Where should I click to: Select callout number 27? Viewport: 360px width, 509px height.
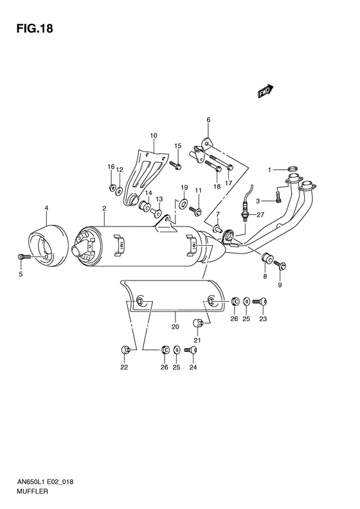click(260, 216)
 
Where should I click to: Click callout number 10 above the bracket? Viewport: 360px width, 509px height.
click(154, 136)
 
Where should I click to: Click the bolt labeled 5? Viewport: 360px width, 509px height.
click(24, 257)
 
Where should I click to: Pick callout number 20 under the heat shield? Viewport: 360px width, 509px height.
click(174, 326)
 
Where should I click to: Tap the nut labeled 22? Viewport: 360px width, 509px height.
click(123, 349)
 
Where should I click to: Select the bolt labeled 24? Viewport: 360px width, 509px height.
click(190, 349)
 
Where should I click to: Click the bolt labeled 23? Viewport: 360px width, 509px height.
click(260, 301)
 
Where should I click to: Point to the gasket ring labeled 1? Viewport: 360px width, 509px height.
click(292, 171)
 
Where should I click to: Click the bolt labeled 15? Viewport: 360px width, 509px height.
click(174, 165)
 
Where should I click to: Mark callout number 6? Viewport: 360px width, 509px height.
click(208, 120)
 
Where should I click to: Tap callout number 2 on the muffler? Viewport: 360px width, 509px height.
click(104, 208)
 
